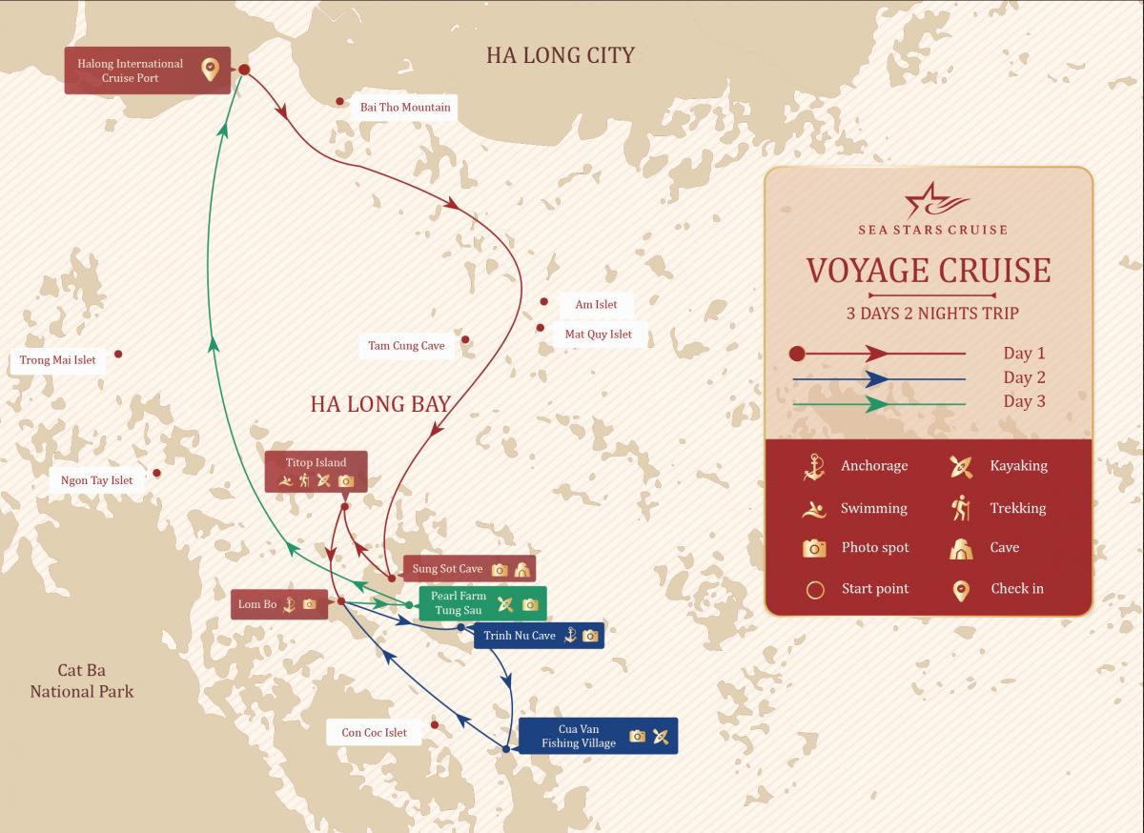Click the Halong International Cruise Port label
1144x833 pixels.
[x=131, y=71]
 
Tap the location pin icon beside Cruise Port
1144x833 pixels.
[x=210, y=70]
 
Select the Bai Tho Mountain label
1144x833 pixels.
[x=405, y=107]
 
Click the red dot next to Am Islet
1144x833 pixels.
[x=544, y=301]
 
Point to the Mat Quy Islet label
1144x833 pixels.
[x=598, y=335]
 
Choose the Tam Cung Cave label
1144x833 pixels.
[x=406, y=346]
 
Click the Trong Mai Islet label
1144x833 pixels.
[x=57, y=360]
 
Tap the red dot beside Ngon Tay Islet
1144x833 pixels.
[x=157, y=473]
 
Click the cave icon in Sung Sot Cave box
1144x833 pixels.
[x=521, y=570]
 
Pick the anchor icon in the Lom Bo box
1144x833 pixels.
[x=289, y=604]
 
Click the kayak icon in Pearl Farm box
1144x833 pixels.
[x=505, y=603]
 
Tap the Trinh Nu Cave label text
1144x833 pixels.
[x=519, y=636]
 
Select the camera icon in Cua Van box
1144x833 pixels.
[x=637, y=736]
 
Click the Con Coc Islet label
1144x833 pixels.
[x=374, y=733]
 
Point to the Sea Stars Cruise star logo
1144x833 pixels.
[x=932, y=201]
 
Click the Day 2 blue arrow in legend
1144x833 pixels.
[x=878, y=378]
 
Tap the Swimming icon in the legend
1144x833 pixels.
[x=813, y=509]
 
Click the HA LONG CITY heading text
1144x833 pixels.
[x=560, y=55]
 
